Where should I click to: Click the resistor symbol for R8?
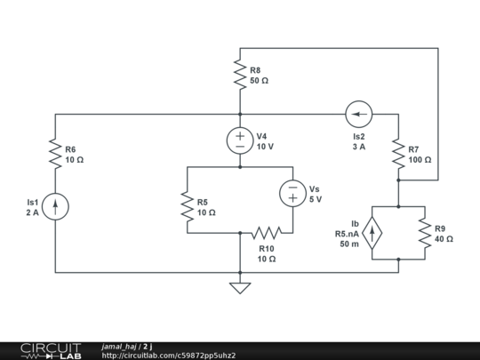pos(239,75)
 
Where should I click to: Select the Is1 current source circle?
pos(55,207)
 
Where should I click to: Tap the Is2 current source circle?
pos(358,114)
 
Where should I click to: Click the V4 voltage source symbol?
pos(239,140)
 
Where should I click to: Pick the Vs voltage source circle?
pos(292,193)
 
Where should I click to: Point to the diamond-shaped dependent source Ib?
pos(372,233)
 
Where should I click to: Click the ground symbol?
pos(239,287)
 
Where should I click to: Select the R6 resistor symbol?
pos(55,155)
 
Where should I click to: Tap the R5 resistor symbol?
pos(187,207)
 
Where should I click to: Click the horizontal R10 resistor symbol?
pos(266,233)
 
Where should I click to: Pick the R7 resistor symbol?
pos(398,155)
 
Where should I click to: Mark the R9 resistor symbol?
pos(424,233)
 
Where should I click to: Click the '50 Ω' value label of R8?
pos(259,80)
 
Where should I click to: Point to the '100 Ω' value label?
pos(420,160)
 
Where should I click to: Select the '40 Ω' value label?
pos(444,239)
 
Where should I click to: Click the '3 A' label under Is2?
pos(358,147)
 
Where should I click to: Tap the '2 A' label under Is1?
pos(32,213)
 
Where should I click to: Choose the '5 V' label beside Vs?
pos(315,199)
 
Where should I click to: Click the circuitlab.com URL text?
pos(169,356)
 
